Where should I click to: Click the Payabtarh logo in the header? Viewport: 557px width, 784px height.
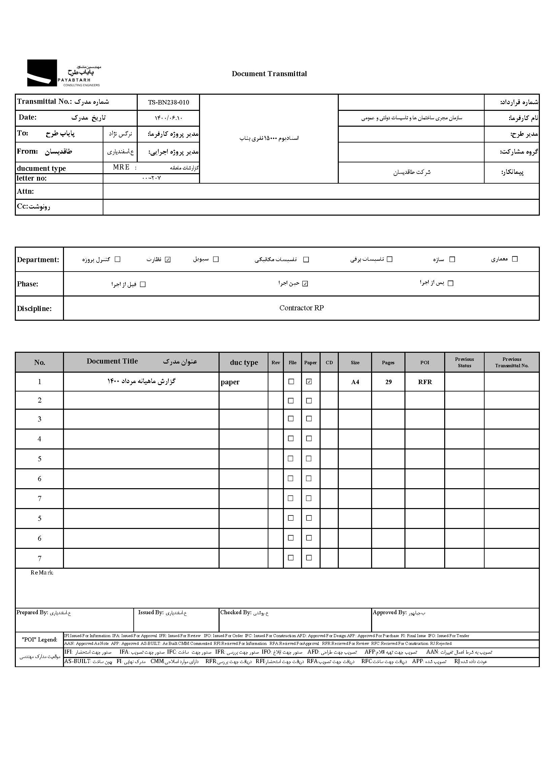[64, 73]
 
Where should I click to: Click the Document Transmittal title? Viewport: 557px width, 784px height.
[269, 74]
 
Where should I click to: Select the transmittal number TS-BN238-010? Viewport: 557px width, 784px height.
[168, 102]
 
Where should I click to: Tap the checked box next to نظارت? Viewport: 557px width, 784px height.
[168, 259]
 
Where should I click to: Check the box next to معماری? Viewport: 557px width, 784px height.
[515, 259]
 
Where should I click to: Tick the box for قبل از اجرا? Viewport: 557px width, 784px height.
[143, 284]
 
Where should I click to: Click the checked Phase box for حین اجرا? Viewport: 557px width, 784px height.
[305, 284]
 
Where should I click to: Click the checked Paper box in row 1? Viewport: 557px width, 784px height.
[309, 381]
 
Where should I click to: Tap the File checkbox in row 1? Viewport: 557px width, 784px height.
[291, 381]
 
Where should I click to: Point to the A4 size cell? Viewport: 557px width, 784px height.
[355, 382]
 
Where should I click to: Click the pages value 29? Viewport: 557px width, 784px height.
[388, 382]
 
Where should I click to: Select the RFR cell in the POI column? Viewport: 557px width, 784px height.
[425, 382]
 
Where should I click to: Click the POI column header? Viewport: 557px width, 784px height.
[425, 363]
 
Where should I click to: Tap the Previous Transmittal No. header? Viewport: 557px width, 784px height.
[512, 363]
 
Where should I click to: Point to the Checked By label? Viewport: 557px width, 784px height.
[236, 613]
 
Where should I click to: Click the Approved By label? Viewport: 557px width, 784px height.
[390, 613]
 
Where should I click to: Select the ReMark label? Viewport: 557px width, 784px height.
[42, 573]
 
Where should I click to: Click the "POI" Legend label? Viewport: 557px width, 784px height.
[39, 639]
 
